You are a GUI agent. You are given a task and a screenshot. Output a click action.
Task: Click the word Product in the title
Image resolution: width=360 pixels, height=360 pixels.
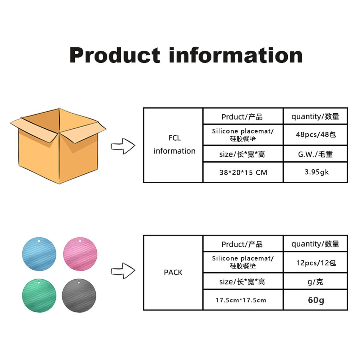point(115,55)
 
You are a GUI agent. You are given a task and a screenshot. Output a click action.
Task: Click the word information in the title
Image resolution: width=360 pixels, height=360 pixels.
point(235,55)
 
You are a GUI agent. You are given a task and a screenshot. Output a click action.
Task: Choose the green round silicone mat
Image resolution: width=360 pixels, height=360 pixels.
point(39,297)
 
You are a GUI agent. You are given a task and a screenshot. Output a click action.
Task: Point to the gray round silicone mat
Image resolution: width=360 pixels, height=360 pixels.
point(79,297)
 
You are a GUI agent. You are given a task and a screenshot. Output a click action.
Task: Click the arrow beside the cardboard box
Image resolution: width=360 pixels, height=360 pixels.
point(123,146)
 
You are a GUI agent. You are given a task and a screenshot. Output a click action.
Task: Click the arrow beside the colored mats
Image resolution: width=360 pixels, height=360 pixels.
point(123,271)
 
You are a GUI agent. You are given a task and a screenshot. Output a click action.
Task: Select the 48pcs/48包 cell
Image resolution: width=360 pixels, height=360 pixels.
point(316,134)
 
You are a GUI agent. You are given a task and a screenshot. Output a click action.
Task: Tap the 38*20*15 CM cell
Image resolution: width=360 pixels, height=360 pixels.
point(243,172)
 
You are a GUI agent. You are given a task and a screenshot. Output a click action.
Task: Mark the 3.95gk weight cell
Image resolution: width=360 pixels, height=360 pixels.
point(316,172)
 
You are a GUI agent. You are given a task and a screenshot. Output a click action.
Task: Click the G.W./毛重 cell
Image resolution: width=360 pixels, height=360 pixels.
point(316,154)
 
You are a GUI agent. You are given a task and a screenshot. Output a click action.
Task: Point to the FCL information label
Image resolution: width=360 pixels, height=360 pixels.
point(174,145)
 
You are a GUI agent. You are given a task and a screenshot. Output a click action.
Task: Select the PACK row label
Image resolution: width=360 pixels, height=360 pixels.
point(173,272)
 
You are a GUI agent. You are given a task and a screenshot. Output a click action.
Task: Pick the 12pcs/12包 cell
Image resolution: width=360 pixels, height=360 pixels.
point(316,263)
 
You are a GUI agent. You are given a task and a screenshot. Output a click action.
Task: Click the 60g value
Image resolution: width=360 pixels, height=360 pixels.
point(316,300)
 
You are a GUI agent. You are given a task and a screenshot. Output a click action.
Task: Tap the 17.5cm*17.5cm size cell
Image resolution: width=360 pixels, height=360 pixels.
point(241,300)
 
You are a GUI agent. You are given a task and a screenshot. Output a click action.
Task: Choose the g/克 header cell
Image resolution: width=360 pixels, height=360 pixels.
point(316,282)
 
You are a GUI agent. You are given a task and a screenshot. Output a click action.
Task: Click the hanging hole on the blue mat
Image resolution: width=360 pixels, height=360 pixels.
point(39,241)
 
